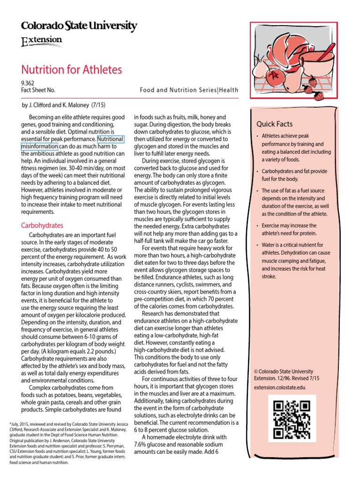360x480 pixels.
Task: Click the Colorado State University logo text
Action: coord(79,26)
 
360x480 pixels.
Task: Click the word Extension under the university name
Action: coord(42,41)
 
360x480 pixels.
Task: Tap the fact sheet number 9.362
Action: coord(28,83)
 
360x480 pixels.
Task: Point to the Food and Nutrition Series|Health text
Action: coord(189,90)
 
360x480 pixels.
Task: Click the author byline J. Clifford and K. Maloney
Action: coord(64,105)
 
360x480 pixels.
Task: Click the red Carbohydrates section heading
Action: coord(42,225)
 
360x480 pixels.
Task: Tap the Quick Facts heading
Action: coord(274,124)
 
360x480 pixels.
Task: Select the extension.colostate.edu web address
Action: coord(279,388)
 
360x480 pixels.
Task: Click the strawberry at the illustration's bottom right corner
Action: coord(319,96)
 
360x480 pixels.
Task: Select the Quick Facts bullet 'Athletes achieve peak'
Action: coord(296,148)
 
